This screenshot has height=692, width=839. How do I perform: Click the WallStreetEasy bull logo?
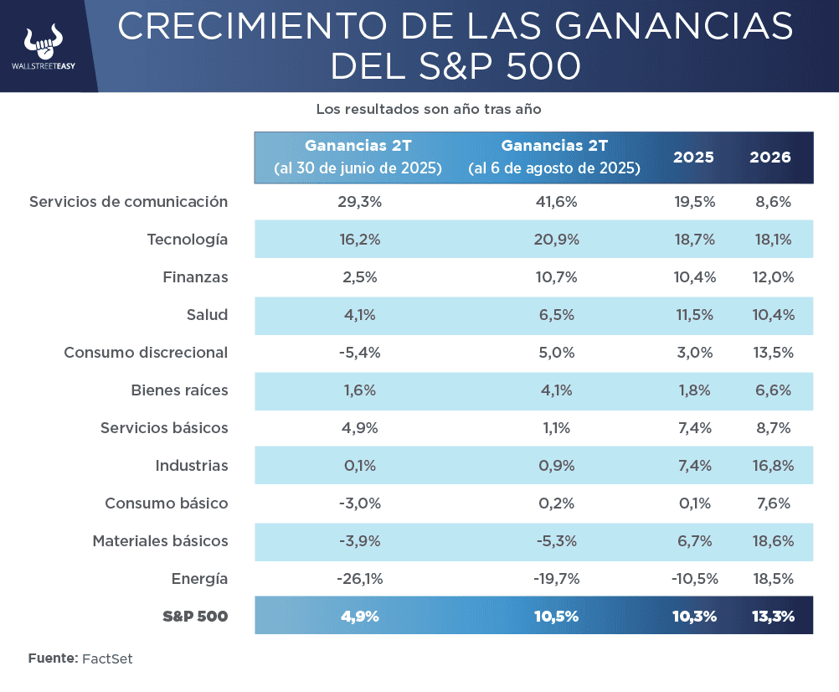(44, 42)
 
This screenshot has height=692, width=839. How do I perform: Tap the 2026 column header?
(770, 158)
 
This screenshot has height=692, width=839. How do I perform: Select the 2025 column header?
(693, 158)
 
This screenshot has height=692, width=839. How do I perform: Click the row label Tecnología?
(187, 240)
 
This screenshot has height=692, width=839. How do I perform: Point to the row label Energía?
(199, 579)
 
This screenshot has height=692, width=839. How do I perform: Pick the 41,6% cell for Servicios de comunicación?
(556, 202)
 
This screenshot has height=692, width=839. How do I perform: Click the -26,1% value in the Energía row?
(360, 579)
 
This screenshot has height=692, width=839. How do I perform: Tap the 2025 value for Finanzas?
(693, 277)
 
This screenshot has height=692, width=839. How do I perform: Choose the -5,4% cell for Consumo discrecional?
(360, 353)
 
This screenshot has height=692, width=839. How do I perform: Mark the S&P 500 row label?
(194, 617)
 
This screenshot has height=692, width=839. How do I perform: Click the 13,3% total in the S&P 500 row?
(770, 617)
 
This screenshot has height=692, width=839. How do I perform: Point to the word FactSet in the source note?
(107, 658)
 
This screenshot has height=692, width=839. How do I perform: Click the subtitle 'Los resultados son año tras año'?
(429, 109)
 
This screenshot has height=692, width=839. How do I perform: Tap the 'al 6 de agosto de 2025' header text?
(554, 168)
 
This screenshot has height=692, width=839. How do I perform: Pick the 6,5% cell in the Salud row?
(556, 315)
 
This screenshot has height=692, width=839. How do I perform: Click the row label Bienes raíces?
(179, 390)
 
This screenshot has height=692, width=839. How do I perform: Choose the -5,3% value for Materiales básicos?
(556, 541)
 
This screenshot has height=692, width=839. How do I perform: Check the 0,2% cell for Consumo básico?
(556, 504)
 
